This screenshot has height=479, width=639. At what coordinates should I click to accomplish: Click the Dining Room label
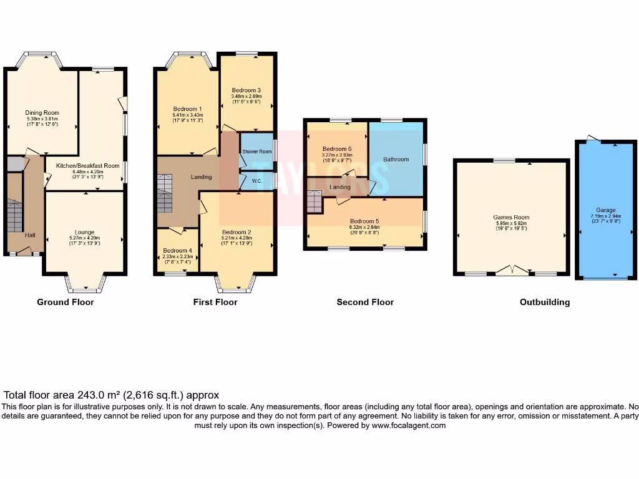pyautogui.click(x=42, y=113)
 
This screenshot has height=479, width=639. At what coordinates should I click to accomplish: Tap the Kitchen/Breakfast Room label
pyautogui.click(x=87, y=166)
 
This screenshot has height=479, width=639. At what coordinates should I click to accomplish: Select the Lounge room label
pyautogui.click(x=85, y=232)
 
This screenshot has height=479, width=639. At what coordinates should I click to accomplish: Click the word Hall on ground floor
pyautogui.click(x=30, y=235)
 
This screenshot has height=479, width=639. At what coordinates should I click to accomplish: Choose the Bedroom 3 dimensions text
pyautogui.click(x=246, y=99)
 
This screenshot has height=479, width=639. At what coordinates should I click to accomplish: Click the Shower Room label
pyautogui.click(x=257, y=152)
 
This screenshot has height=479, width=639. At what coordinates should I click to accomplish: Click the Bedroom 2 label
pyautogui.click(x=236, y=232)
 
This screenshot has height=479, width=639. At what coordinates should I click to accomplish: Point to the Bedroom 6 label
pyautogui.click(x=337, y=149)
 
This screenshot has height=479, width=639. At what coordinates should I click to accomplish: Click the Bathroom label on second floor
pyautogui.click(x=396, y=160)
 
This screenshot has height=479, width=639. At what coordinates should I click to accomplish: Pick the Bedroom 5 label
pyautogui.click(x=364, y=221)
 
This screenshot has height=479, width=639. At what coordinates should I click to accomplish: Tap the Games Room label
pyautogui.click(x=511, y=218)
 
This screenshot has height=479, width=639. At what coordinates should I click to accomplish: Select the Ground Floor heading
pyautogui.click(x=66, y=302)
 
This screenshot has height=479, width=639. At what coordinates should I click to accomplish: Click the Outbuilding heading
pyautogui.click(x=545, y=302)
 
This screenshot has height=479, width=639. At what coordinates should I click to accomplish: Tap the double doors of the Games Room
pyautogui.click(x=511, y=270)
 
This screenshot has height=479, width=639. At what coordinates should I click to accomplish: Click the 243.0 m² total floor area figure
pyautogui.click(x=94, y=395)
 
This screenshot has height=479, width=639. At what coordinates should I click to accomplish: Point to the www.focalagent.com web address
pyautogui.click(x=409, y=425)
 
